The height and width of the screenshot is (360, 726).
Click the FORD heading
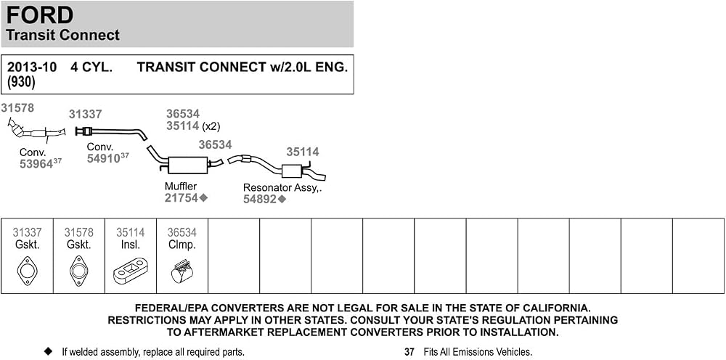pyautogui.click(x=40, y=15)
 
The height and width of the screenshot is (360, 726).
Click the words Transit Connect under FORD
pyautogui.click(x=63, y=35)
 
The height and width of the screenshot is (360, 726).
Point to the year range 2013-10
pyautogui.click(x=32, y=67)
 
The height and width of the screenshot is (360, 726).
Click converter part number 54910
pyautogui.click(x=104, y=158)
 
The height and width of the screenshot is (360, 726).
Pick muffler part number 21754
pyautogui.click(x=181, y=198)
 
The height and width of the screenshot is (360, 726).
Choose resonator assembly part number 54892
pyautogui.click(x=260, y=200)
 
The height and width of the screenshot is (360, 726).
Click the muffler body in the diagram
pyautogui.click(x=188, y=165)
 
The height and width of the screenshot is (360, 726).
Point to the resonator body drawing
pyautogui.click(x=292, y=171)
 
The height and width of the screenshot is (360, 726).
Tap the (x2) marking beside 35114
pyautogui.click(x=211, y=126)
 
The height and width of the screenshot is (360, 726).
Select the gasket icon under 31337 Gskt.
pyautogui.click(x=27, y=271)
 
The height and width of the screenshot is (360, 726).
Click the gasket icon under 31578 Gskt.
pyautogui.click(x=78, y=271)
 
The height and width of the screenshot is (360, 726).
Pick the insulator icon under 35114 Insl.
pyautogui.click(x=130, y=272)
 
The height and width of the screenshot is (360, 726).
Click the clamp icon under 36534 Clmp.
pyautogui.click(x=181, y=271)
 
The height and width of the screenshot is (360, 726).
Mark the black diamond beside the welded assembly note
pyautogui.click(x=48, y=352)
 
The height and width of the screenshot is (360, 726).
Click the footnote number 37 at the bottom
pyautogui.click(x=409, y=352)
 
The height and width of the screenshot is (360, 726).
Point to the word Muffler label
pyautogui.click(x=181, y=187)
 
